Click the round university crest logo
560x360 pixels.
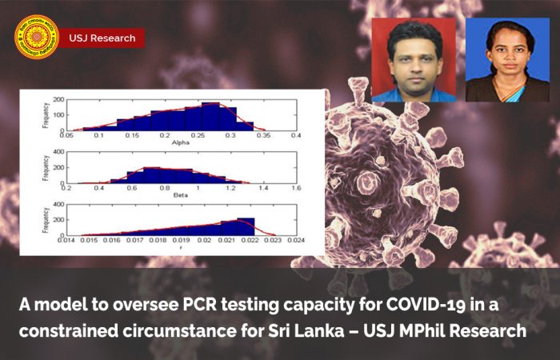coord(37,37)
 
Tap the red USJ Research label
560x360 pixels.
coord(102,38)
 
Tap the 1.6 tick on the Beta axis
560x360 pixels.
coord(295,189)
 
